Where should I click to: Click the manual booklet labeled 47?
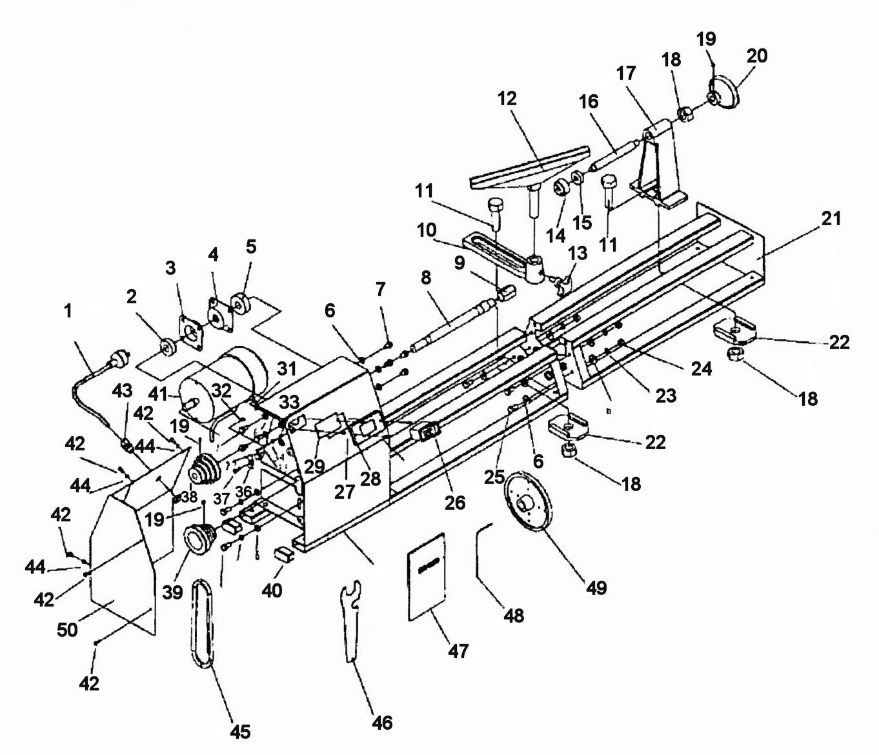(x=428, y=576)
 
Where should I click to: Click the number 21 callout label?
(x=831, y=219)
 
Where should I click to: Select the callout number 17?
(x=625, y=75)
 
